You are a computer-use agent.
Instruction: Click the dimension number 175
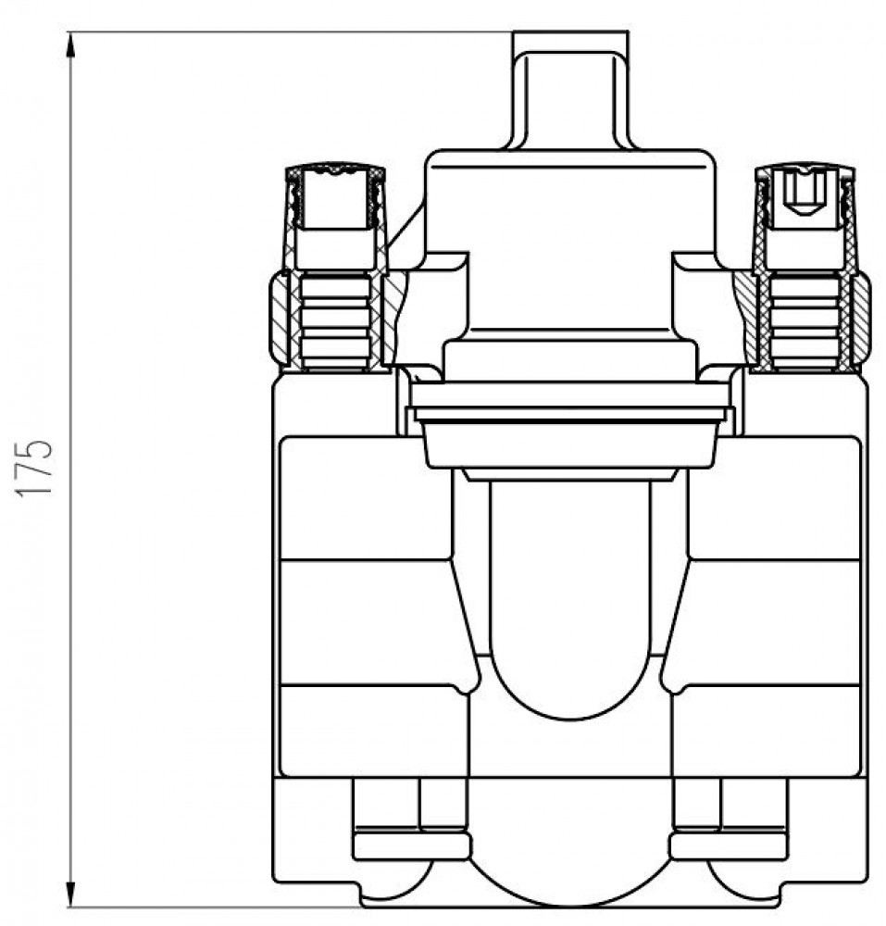(x=35, y=468)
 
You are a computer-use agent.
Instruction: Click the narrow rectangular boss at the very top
(x=571, y=89)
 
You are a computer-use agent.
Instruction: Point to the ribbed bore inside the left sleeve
(x=335, y=321)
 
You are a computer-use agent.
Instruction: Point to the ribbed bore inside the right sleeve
(x=805, y=321)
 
